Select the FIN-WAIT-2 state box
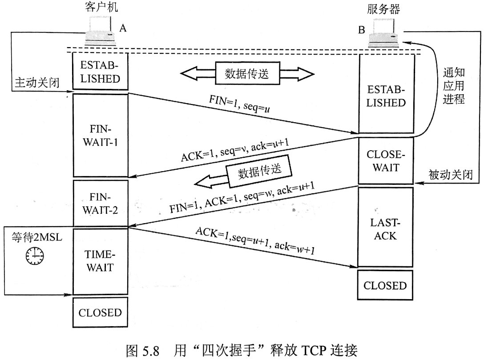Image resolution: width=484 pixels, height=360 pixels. click(x=100, y=203)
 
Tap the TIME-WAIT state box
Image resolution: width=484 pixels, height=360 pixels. click(x=100, y=261)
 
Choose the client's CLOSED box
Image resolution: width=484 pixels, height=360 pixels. click(x=100, y=312)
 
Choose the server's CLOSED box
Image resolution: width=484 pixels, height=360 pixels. click(x=385, y=285)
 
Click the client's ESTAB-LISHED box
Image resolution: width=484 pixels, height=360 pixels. click(x=100, y=72)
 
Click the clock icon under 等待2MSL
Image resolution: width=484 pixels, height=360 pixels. click(x=34, y=255)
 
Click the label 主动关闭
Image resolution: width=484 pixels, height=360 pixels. click(x=34, y=84)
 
